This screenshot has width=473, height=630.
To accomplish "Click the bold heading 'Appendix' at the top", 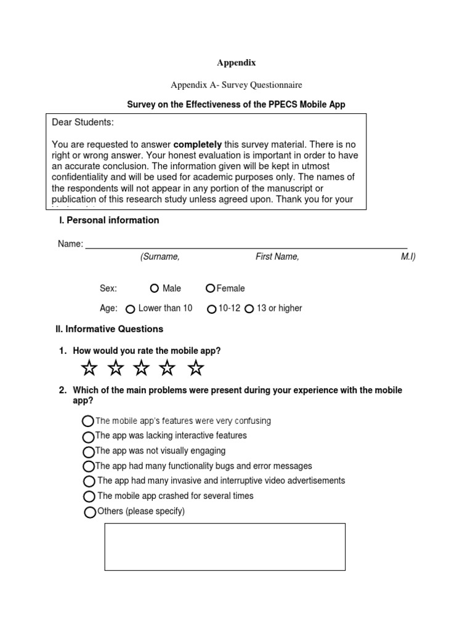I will click(x=236, y=63).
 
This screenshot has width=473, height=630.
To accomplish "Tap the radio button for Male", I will click(x=154, y=289).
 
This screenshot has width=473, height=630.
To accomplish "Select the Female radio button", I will click(x=211, y=289).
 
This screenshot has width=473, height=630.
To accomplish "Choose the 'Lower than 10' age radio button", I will click(x=131, y=309).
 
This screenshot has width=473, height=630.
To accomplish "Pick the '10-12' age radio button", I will click(x=212, y=309).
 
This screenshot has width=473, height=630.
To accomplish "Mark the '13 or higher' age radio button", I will click(x=249, y=309).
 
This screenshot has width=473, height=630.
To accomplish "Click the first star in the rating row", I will click(x=89, y=369).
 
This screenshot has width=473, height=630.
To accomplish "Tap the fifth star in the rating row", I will click(x=196, y=369).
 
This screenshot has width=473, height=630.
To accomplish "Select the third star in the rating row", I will click(x=142, y=369).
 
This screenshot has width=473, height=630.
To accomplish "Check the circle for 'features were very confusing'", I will click(x=88, y=421).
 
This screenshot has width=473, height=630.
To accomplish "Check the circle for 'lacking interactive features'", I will click(x=88, y=436).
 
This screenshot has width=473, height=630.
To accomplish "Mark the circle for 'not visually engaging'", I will click(x=88, y=452).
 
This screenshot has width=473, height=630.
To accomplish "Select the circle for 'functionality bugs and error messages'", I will click(x=88, y=466).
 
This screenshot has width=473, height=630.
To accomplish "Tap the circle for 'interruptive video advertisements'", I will click(x=89, y=481).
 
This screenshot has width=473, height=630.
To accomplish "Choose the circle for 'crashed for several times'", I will click(x=89, y=496).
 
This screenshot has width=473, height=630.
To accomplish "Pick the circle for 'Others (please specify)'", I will click(x=90, y=512).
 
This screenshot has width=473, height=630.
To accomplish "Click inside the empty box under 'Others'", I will click(x=225, y=547).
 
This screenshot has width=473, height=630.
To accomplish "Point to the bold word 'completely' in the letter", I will click(x=198, y=144).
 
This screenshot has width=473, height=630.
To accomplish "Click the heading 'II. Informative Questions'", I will click(x=110, y=329).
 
